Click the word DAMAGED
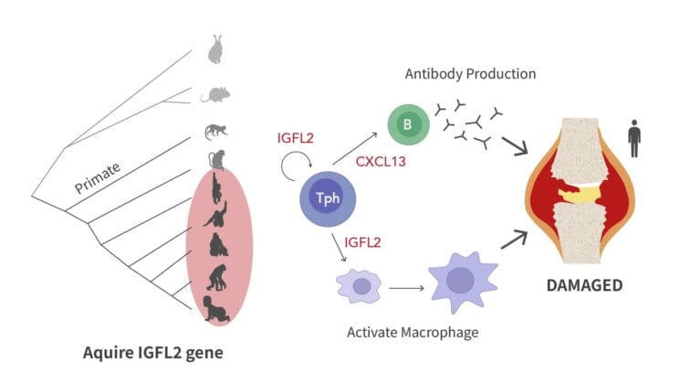[x=584, y=285]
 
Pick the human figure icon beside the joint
[x=634, y=142]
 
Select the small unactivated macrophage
[x=360, y=285]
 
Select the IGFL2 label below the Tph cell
[x=363, y=243]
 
